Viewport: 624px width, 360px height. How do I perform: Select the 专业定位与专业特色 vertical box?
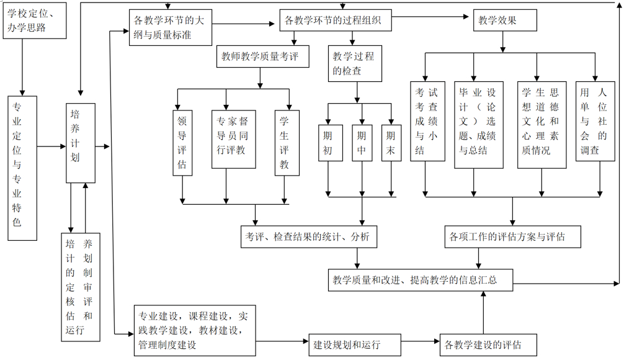(23, 168)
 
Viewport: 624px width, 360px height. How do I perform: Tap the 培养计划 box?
(81, 143)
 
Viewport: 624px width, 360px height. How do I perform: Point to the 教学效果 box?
(503, 20)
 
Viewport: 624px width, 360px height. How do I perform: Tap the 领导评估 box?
(182, 142)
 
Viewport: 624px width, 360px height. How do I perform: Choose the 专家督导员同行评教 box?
(233, 139)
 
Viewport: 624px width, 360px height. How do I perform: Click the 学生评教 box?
(287, 142)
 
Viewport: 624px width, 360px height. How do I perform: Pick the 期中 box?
(361, 143)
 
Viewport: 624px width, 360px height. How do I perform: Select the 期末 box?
(391, 143)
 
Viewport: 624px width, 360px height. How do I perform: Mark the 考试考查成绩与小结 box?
(427, 121)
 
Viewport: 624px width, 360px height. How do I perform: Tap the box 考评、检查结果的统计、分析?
(308, 236)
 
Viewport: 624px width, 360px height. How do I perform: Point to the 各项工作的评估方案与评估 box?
(513, 236)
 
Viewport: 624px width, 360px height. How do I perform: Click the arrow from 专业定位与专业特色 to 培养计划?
(51, 146)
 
